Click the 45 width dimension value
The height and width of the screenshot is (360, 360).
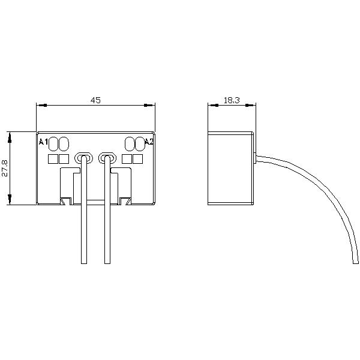(x=95, y=100)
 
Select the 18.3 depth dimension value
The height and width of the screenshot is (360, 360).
(x=232, y=100)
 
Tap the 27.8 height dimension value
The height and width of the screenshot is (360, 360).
(x=5, y=168)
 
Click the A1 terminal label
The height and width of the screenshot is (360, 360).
(x=43, y=142)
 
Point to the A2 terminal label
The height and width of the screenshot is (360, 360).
(x=149, y=142)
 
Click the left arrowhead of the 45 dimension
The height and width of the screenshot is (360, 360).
(x=42, y=106)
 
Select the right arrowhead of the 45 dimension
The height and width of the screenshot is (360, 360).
(x=149, y=106)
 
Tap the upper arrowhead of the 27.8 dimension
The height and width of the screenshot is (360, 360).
(x=10, y=137)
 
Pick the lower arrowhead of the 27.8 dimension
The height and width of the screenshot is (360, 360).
(x=10, y=199)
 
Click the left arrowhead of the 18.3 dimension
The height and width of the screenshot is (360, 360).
(x=213, y=106)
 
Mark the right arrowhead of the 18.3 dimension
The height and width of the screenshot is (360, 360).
(x=251, y=106)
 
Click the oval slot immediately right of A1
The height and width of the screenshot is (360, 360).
(x=53, y=144)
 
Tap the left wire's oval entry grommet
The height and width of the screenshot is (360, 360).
(x=84, y=158)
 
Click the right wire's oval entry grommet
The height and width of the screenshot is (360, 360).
(x=107, y=158)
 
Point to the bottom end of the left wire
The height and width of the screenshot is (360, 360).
(x=84, y=263)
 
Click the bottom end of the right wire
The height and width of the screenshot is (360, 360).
(x=107, y=263)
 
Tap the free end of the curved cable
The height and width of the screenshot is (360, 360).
(x=355, y=263)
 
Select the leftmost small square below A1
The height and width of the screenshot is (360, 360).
(x=53, y=159)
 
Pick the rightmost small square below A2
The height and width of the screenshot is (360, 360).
(x=138, y=159)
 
